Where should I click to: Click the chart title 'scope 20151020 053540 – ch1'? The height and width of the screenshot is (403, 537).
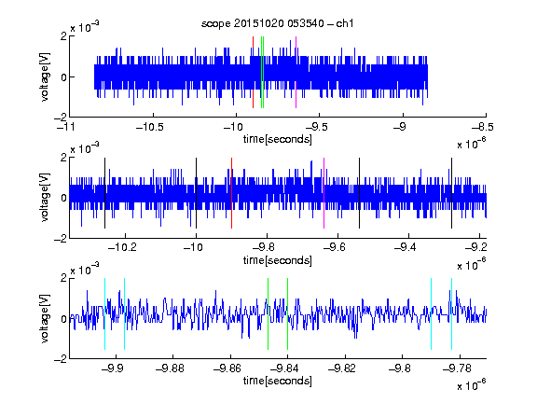(x=277, y=23)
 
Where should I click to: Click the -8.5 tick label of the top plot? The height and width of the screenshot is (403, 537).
(x=482, y=128)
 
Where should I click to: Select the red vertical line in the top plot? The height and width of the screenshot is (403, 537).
(x=253, y=73)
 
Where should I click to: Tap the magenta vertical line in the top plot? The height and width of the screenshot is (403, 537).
(x=296, y=73)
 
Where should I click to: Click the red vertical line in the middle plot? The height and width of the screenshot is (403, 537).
(x=231, y=193)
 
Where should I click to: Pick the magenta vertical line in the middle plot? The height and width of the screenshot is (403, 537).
(x=324, y=193)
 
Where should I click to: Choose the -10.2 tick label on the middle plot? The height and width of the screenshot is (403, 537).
(x=122, y=246)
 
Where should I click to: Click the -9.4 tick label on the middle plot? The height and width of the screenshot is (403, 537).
(x=406, y=246)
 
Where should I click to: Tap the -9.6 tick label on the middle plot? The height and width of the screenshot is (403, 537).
(x=335, y=246)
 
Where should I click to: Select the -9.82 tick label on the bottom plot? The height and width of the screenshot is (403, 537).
(x=342, y=368)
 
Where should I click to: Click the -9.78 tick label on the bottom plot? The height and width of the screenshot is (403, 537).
(x=457, y=368)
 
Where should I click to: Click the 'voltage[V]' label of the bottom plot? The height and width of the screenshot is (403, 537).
(x=45, y=318)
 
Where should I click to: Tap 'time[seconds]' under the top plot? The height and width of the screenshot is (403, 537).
(x=278, y=139)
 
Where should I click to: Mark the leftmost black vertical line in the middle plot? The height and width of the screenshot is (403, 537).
(x=104, y=193)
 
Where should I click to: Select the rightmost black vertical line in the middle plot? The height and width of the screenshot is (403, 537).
(x=451, y=193)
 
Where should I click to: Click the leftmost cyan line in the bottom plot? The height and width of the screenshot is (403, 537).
(x=104, y=313)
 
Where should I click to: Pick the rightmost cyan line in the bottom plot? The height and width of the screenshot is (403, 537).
(x=452, y=313)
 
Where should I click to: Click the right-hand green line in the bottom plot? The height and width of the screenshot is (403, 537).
(x=288, y=313)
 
